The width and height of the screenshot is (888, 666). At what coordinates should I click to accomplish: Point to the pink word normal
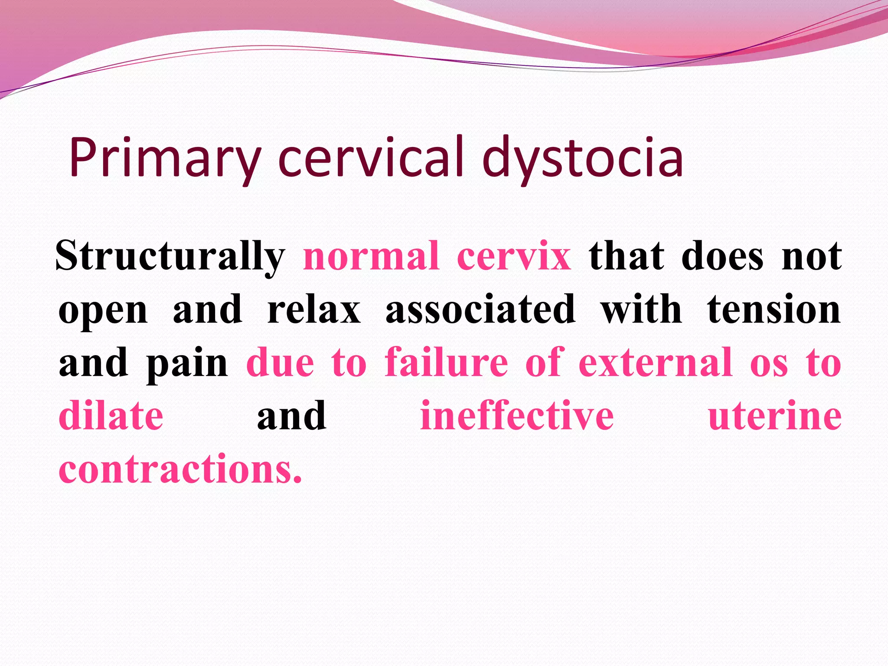[371, 257]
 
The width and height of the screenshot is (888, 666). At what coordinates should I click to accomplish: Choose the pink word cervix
[514, 257]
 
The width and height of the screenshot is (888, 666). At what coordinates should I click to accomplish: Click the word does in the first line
[722, 257]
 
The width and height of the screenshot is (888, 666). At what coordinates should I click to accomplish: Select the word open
[103, 311]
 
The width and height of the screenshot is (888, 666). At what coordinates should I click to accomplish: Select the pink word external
[655, 363]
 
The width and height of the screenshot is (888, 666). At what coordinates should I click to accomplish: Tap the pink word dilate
[111, 416]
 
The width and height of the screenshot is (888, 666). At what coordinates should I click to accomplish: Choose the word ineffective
[517, 416]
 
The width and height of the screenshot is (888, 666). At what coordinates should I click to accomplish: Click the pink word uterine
[775, 417]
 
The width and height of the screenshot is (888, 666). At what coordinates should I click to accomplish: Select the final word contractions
[180, 470]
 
